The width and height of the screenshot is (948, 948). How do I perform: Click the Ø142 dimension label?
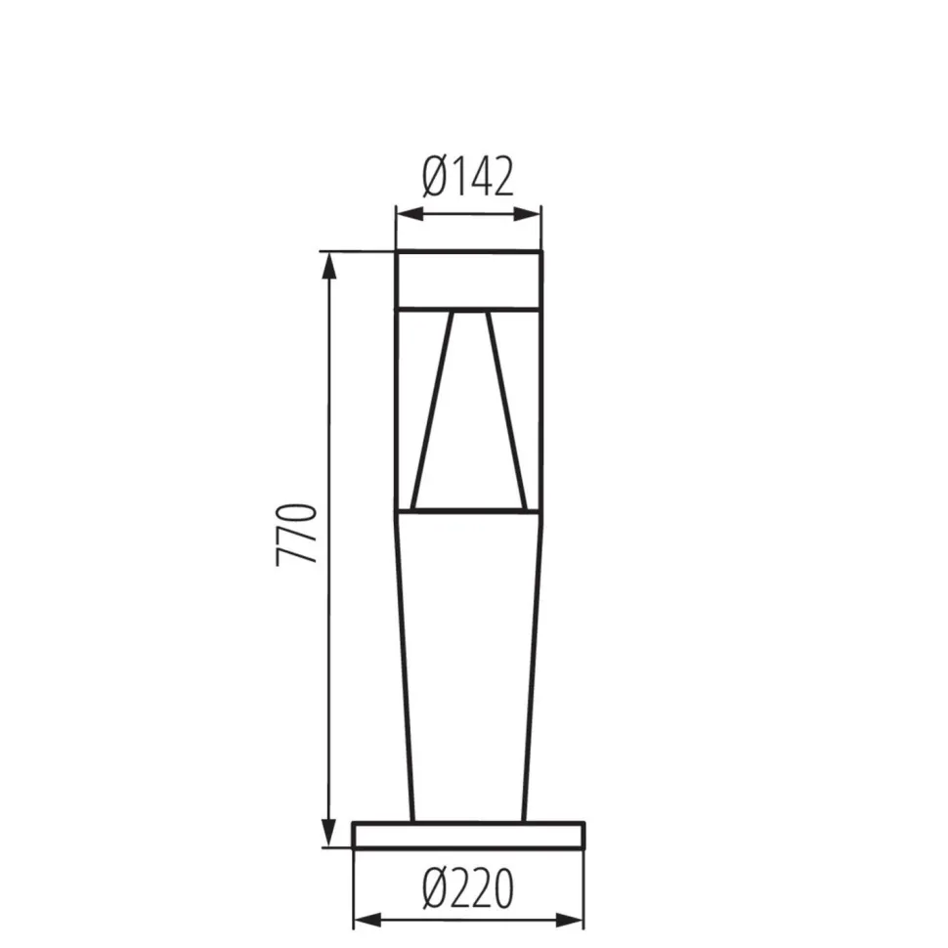(x=467, y=178)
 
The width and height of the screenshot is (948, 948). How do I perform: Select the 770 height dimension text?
(x=297, y=534)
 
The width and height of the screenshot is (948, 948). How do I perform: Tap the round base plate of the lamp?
(x=468, y=835)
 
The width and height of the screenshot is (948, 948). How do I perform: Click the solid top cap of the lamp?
(x=467, y=280)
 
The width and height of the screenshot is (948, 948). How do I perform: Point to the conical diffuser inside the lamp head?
(x=469, y=410)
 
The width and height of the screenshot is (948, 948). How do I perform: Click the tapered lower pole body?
(x=467, y=665)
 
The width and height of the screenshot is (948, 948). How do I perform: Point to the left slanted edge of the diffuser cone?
(x=432, y=410)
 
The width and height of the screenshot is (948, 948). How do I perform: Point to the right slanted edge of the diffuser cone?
(x=507, y=410)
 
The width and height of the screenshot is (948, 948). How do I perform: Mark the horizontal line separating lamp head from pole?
(x=467, y=509)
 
